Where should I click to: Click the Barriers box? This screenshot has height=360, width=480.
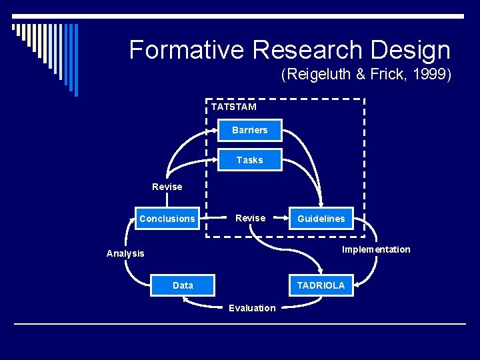(x=250, y=130)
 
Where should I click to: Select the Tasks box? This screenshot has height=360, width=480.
(x=250, y=160)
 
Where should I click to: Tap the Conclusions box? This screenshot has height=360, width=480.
(x=167, y=219)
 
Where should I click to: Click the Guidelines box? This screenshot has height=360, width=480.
(x=321, y=219)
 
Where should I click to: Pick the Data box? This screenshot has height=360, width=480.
(x=183, y=285)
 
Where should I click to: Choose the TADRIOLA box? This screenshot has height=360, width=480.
(x=321, y=285)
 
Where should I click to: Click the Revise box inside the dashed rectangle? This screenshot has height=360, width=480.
(x=250, y=218)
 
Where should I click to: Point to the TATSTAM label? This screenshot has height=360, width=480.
(x=233, y=107)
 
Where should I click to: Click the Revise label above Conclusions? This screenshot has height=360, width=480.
(x=167, y=187)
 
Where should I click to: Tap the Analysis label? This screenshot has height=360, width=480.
(x=125, y=253)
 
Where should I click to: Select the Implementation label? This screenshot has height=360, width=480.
(x=376, y=249)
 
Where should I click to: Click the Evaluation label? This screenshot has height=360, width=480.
(x=251, y=308)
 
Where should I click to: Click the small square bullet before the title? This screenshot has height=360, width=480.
(x=14, y=28)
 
